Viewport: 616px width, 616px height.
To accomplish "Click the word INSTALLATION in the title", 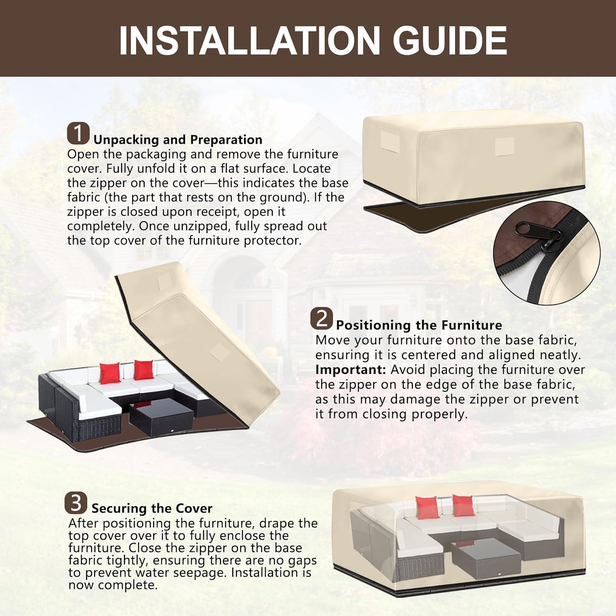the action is click(249, 40).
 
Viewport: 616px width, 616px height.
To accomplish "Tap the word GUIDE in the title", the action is click(450, 40).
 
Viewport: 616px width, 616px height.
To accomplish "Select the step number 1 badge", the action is click(78, 133).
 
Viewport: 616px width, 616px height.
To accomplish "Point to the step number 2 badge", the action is click(321, 319).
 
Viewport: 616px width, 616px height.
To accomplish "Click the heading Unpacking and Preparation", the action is click(178, 140).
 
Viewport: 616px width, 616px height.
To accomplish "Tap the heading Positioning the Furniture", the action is click(419, 325).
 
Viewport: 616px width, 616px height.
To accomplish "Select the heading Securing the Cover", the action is click(152, 508).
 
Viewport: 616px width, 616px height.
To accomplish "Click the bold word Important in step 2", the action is click(351, 370).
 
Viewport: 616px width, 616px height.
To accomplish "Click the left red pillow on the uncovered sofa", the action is click(110, 373).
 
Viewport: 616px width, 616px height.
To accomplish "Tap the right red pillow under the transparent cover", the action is click(463, 506).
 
